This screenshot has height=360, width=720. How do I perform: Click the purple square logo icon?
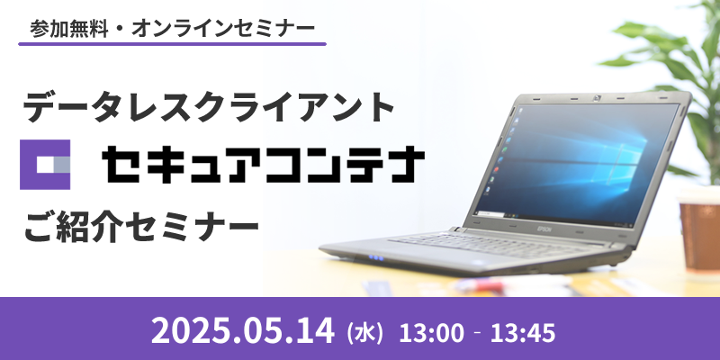point(45,165)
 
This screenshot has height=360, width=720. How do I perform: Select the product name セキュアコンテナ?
point(264,164)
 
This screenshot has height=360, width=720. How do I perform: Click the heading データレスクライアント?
point(209,108)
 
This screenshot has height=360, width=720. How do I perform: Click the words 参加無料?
point(70,30)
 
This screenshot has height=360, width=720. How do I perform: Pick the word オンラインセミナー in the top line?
point(223,30)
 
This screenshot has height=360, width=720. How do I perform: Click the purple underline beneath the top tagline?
point(172,44)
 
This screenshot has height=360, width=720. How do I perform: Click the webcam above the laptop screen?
point(598,97)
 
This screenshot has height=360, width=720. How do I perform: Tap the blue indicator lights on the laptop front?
point(375,257)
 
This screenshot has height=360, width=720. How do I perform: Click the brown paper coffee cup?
point(699,229)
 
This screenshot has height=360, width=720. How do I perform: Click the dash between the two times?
point(477,332)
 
